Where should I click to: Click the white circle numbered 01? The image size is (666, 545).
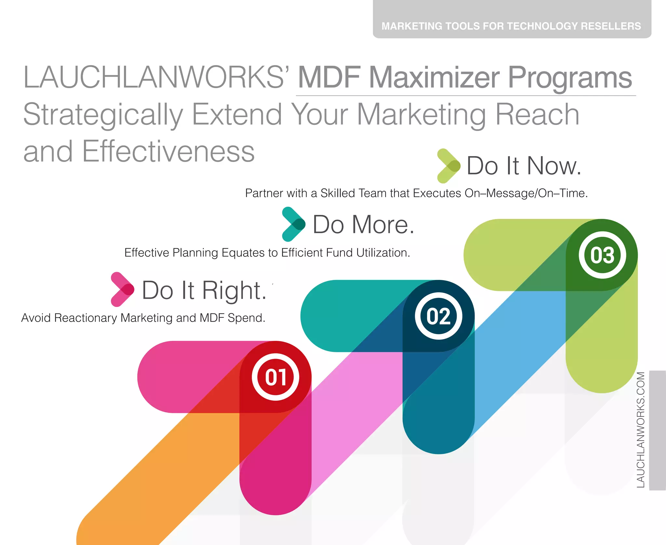pyautogui.click(x=275, y=377)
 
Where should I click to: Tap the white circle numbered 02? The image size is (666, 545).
pyautogui.click(x=438, y=316)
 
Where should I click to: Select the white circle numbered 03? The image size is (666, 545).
pyautogui.click(x=602, y=255)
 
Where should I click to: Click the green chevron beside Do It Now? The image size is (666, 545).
pyautogui.click(x=448, y=166)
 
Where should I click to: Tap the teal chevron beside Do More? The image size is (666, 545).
pyautogui.click(x=293, y=224)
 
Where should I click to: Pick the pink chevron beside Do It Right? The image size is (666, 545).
pyautogui.click(x=122, y=289)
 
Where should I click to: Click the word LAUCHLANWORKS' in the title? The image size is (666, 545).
pyautogui.click(x=156, y=77)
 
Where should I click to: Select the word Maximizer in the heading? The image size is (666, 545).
pyautogui.click(x=434, y=77)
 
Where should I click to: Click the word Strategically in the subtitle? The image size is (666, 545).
pyautogui.click(x=103, y=114)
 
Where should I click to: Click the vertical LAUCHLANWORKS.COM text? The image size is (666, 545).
pyautogui.click(x=641, y=429)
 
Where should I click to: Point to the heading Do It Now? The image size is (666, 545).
pyautogui.click(x=524, y=166)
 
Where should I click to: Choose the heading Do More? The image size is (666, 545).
pyautogui.click(x=363, y=224)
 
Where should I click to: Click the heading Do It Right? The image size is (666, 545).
pyautogui.click(x=204, y=290)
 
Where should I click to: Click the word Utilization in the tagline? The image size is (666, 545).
pyautogui.click(x=383, y=253)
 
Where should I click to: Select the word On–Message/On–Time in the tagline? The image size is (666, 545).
pyautogui.click(x=526, y=193)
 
